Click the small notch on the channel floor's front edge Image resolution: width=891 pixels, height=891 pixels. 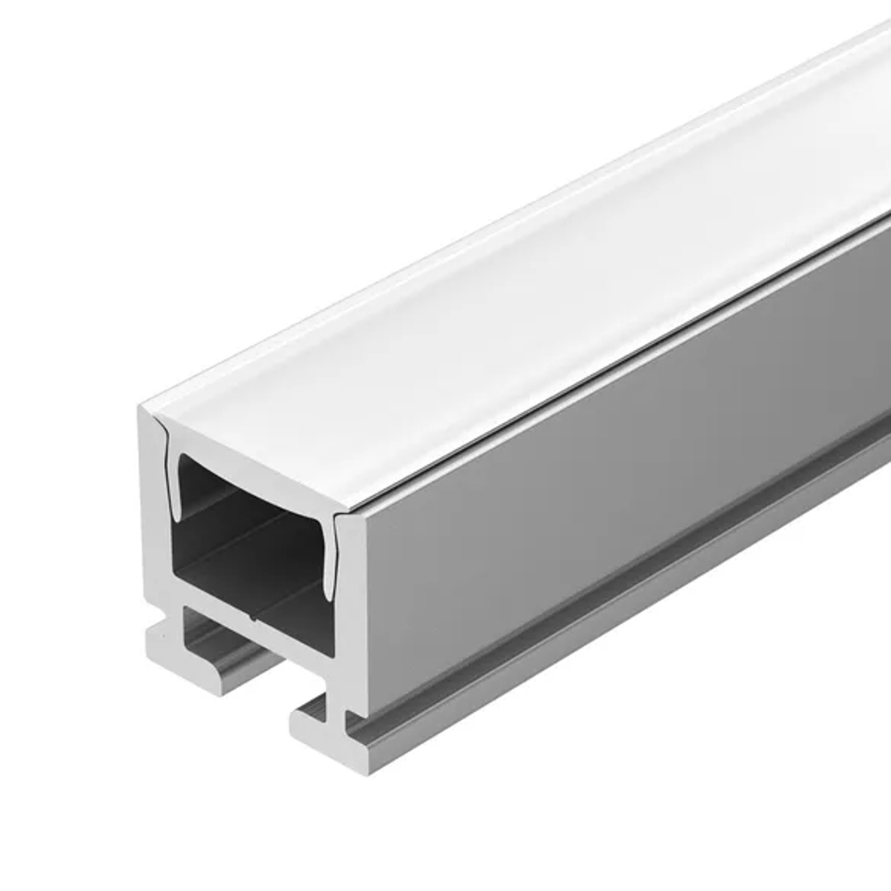pos(256,617)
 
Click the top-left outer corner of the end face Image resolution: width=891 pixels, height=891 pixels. pos(143,412)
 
